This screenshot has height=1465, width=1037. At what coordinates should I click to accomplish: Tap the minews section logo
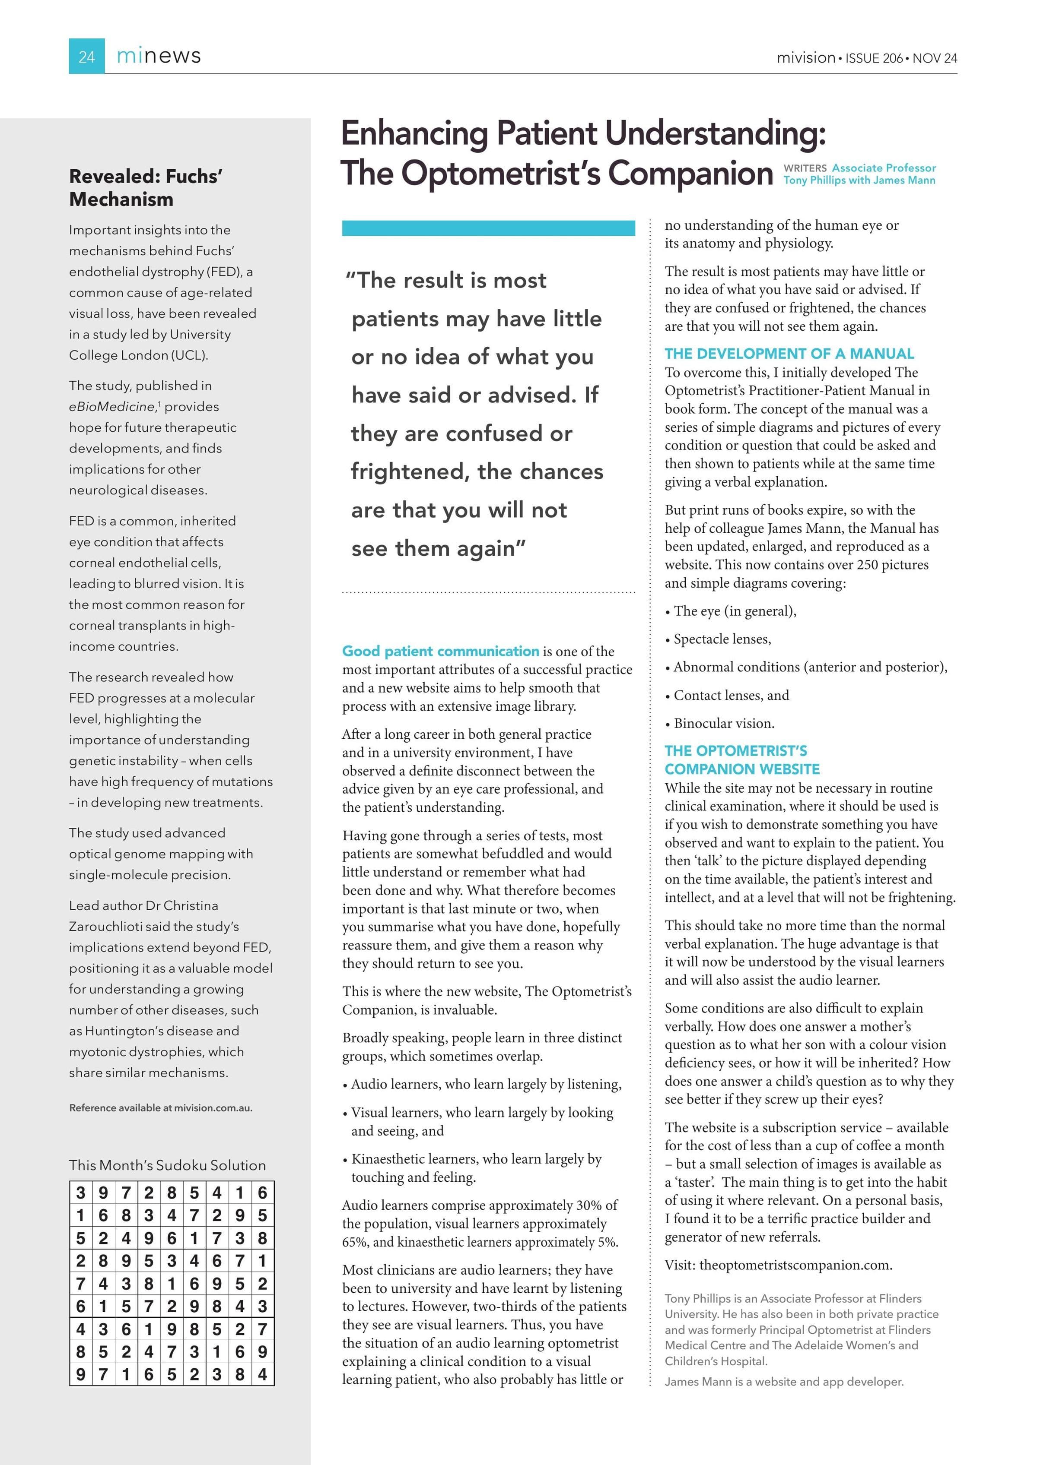coord(159,56)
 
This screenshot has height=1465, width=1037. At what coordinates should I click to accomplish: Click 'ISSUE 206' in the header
coord(874,58)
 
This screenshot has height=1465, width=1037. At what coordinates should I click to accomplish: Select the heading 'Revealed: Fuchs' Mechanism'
coord(146,187)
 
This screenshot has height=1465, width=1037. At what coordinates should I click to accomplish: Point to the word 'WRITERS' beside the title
coord(805,168)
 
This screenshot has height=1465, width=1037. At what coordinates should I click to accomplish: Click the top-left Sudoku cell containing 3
coord(80,1193)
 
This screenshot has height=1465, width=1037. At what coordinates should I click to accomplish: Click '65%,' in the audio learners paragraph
coord(356,1242)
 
